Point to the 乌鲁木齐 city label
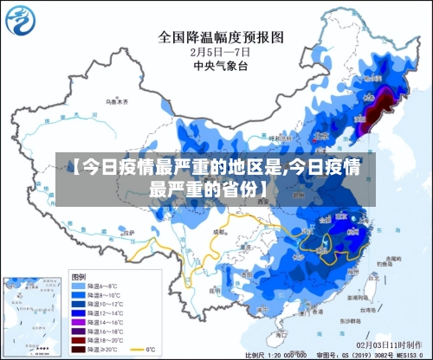[x=116, y=101]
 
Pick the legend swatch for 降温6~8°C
[x=78, y=285]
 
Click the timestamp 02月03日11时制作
[x=393, y=345]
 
